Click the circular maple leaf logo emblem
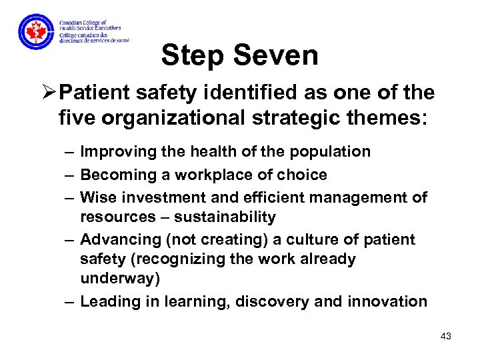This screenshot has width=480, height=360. point(35,31)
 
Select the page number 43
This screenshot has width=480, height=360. point(446,336)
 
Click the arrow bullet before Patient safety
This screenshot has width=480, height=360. point(48,93)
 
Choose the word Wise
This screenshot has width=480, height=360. point(97,198)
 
